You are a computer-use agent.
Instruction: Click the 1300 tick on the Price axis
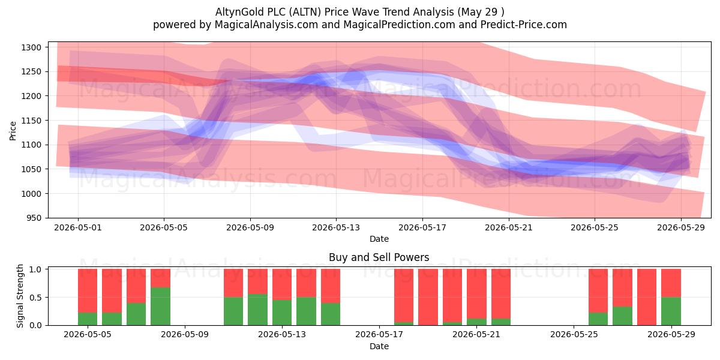pyautogui.click(x=31, y=47)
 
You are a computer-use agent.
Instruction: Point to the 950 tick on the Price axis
pyautogui.click(x=34, y=218)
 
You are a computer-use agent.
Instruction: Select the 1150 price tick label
pyautogui.click(x=31, y=121)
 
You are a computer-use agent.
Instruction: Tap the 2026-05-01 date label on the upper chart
pyautogui.click(x=78, y=227)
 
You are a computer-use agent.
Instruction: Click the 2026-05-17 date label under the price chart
pyautogui.click(x=422, y=227)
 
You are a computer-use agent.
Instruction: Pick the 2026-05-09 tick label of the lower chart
pyautogui.click(x=185, y=335)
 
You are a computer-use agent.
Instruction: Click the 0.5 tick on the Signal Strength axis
pyautogui.click(x=35, y=298)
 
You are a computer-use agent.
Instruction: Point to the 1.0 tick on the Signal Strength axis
pyautogui.click(x=35, y=269)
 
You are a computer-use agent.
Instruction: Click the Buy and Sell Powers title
pyautogui.click(x=379, y=257)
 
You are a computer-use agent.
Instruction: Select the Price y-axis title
pyautogui.click(x=13, y=131)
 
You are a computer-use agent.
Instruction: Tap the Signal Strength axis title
pyautogui.click(x=20, y=296)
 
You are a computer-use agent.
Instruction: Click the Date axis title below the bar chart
pyautogui.click(x=379, y=346)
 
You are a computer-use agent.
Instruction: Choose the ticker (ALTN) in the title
pyautogui.click(x=305, y=12)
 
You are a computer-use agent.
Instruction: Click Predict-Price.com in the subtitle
pyautogui.click(x=524, y=25)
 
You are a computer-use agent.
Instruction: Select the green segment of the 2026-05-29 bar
pyautogui.click(x=671, y=311)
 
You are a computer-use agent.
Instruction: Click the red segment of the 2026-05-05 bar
pyautogui.click(x=88, y=291)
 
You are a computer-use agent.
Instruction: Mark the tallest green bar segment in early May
pyautogui.click(x=160, y=307)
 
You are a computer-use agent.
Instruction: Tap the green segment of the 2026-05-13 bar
pyautogui.click(x=282, y=313)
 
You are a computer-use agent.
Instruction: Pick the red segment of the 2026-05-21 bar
pyautogui.click(x=476, y=294)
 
